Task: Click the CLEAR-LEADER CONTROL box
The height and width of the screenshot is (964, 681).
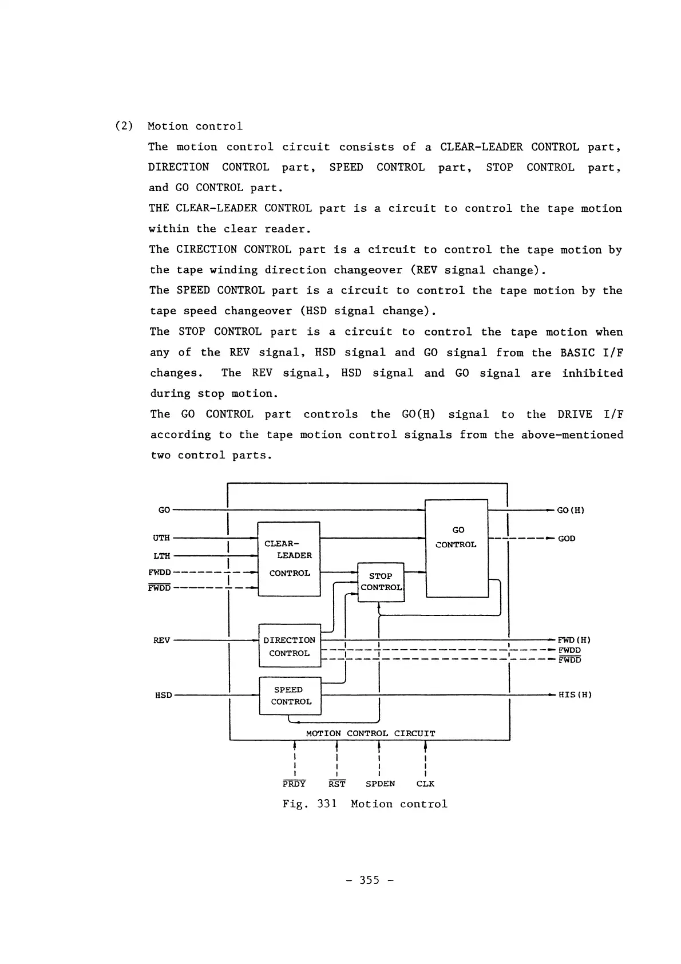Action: pos(288,559)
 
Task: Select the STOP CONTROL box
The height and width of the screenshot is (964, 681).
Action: pos(381,582)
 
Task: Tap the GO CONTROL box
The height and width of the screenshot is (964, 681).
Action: pos(457,548)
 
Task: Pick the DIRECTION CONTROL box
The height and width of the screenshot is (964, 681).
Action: pos(290,646)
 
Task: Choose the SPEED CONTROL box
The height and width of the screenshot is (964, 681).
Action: pos(290,696)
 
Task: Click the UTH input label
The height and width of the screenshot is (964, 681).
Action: pos(161,538)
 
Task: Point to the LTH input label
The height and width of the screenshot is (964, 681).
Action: pos(161,556)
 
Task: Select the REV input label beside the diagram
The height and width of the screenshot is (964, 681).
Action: pos(161,640)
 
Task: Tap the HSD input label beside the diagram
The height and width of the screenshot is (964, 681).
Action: pos(163,695)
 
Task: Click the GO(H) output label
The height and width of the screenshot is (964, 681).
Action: pos(570,510)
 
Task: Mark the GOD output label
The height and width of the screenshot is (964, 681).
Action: pos(567,539)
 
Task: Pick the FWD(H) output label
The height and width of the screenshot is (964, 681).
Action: pos(574,640)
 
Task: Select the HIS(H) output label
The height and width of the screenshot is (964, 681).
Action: pos(575,695)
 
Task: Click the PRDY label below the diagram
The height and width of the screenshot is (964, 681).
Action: pos(294,784)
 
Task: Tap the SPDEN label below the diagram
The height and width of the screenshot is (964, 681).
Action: pos(380,784)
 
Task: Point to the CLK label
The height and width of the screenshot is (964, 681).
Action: pos(425,784)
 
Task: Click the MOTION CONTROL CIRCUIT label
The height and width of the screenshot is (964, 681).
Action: pos(370,733)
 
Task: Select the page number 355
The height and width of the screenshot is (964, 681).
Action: pos(369,880)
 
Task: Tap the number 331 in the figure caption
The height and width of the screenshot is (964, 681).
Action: pos(327,804)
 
